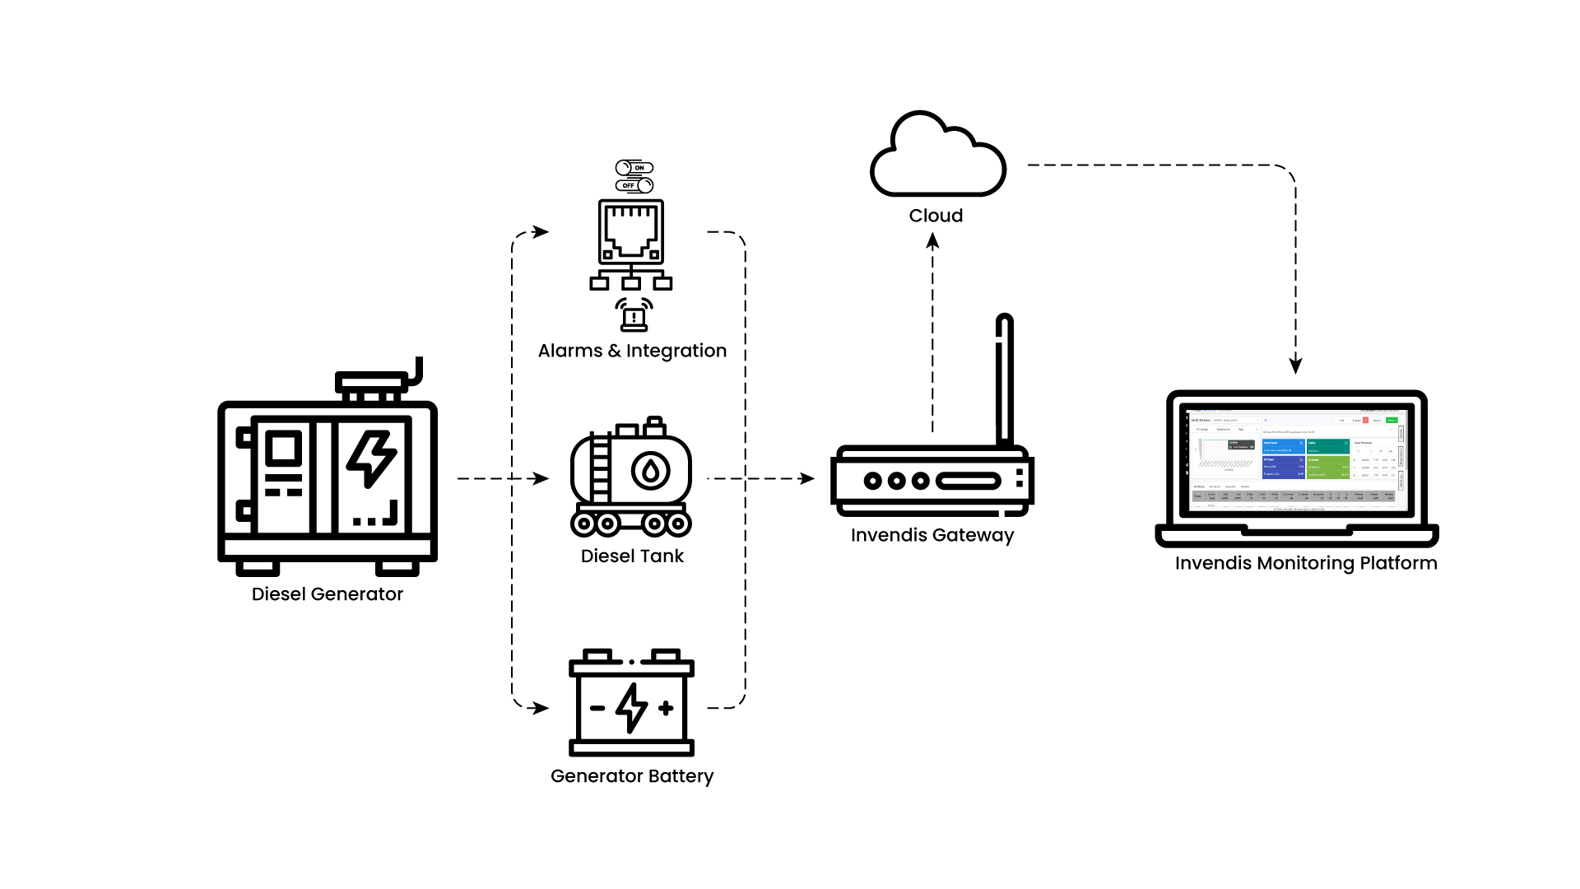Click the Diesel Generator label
327,594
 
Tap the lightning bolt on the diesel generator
372,458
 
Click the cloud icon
937,156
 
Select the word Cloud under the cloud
936,216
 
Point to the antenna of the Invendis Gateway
1004,379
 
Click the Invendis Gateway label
932,535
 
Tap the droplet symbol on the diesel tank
650,471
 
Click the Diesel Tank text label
632,556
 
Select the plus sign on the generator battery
667,708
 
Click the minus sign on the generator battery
598,708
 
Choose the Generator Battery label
632,776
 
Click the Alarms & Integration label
632,351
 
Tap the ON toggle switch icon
634,168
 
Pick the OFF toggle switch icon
634,185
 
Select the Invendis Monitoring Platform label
1306,563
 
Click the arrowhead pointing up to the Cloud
932,240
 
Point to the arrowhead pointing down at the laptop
1296,365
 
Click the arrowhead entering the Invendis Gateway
807,478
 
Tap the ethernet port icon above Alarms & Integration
631,231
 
